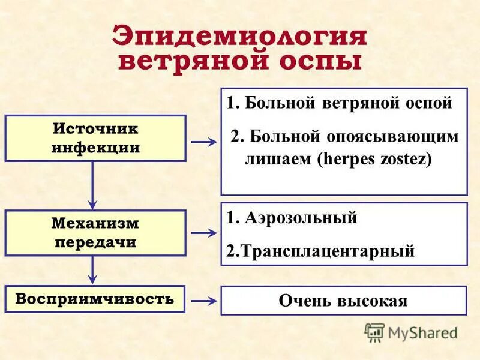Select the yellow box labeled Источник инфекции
pos(95,139)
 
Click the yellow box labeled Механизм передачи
pos(95,233)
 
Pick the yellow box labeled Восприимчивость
pos(95,299)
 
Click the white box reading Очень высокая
pos(343,301)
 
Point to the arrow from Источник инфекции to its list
pos(203,142)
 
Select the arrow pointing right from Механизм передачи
pos(203,233)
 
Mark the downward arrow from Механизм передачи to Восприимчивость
pos(92,270)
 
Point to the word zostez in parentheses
pos(403,161)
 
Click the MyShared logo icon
pos(375,332)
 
